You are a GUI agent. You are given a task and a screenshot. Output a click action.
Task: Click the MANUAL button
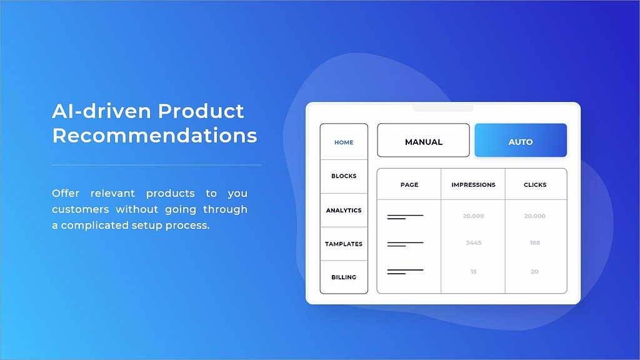point(423,141)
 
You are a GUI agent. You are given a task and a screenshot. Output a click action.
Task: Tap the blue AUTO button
point(521,141)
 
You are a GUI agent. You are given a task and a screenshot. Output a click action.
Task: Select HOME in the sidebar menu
point(344,142)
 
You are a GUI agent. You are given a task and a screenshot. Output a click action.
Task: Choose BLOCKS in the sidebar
point(344,176)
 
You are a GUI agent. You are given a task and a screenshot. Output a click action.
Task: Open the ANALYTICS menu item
point(344,210)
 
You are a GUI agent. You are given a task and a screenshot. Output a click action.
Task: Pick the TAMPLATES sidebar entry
point(344,244)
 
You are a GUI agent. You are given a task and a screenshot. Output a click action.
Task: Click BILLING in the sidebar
point(344,277)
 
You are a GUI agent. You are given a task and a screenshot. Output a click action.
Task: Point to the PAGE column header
point(409,184)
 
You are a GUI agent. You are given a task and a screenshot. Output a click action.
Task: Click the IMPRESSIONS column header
point(474,184)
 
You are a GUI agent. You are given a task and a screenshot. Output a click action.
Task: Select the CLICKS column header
point(535,184)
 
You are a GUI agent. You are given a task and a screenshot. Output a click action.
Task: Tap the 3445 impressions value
point(474,242)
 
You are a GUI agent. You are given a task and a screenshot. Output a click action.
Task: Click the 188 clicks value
point(535,242)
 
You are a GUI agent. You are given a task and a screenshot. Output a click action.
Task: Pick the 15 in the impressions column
point(474,271)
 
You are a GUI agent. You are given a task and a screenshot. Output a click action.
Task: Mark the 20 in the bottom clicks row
point(535,271)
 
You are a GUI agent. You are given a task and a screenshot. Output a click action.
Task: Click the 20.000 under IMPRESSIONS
point(474,216)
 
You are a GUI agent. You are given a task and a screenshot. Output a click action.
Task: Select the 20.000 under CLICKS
point(535,216)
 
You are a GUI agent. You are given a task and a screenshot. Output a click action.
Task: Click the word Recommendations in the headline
point(155,136)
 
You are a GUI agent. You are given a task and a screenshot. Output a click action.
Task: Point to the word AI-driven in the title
point(101,111)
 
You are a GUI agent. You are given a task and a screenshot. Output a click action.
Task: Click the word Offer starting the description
point(66,193)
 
